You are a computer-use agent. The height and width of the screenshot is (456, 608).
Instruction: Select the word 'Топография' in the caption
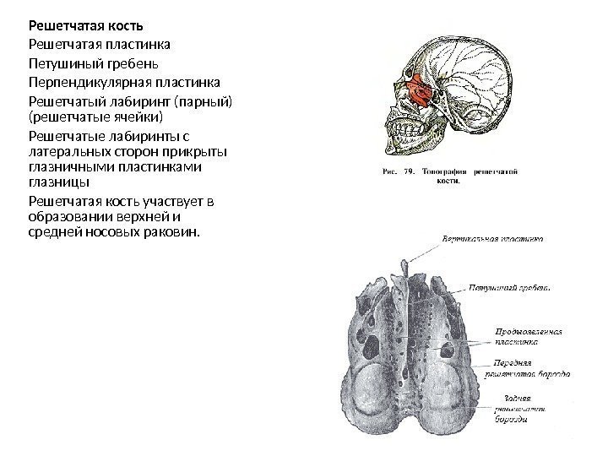[x=445, y=171]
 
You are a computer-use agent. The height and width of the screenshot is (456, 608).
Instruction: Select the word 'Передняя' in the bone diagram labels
[x=506, y=360]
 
